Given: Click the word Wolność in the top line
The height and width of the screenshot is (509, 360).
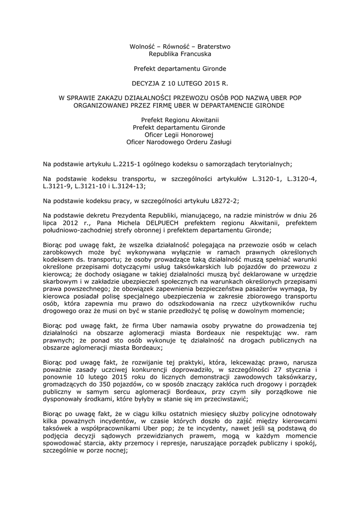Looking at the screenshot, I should pyautogui.click(x=142, y=46).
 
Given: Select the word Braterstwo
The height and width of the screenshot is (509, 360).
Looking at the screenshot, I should pyautogui.click(x=214, y=46).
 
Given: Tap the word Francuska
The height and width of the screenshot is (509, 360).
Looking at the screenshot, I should pyautogui.click(x=195, y=53).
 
